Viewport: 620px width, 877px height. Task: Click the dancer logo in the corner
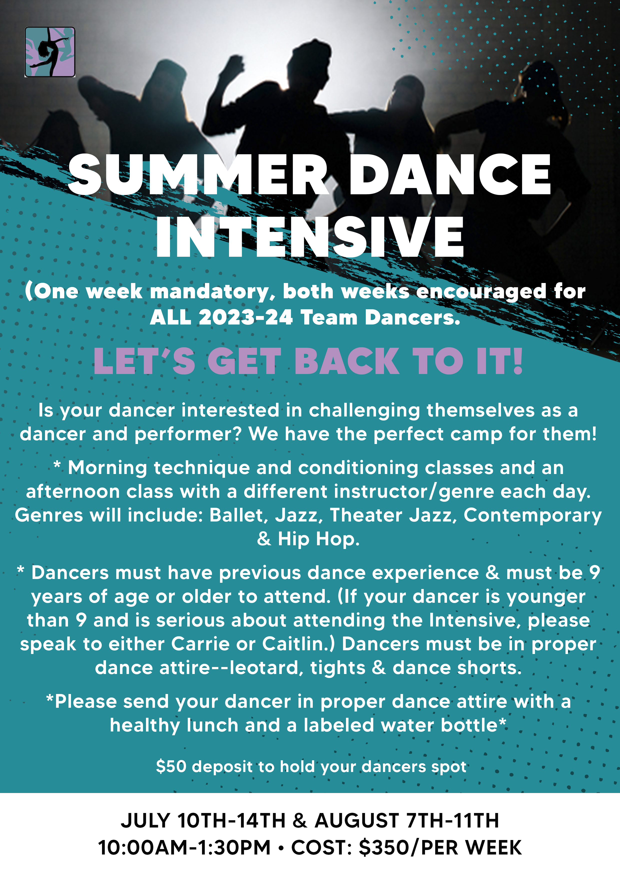[50, 52]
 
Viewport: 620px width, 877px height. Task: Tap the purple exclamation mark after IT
[517, 361]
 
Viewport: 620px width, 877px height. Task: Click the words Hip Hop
[318, 539]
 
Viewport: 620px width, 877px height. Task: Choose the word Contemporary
[532, 515]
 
